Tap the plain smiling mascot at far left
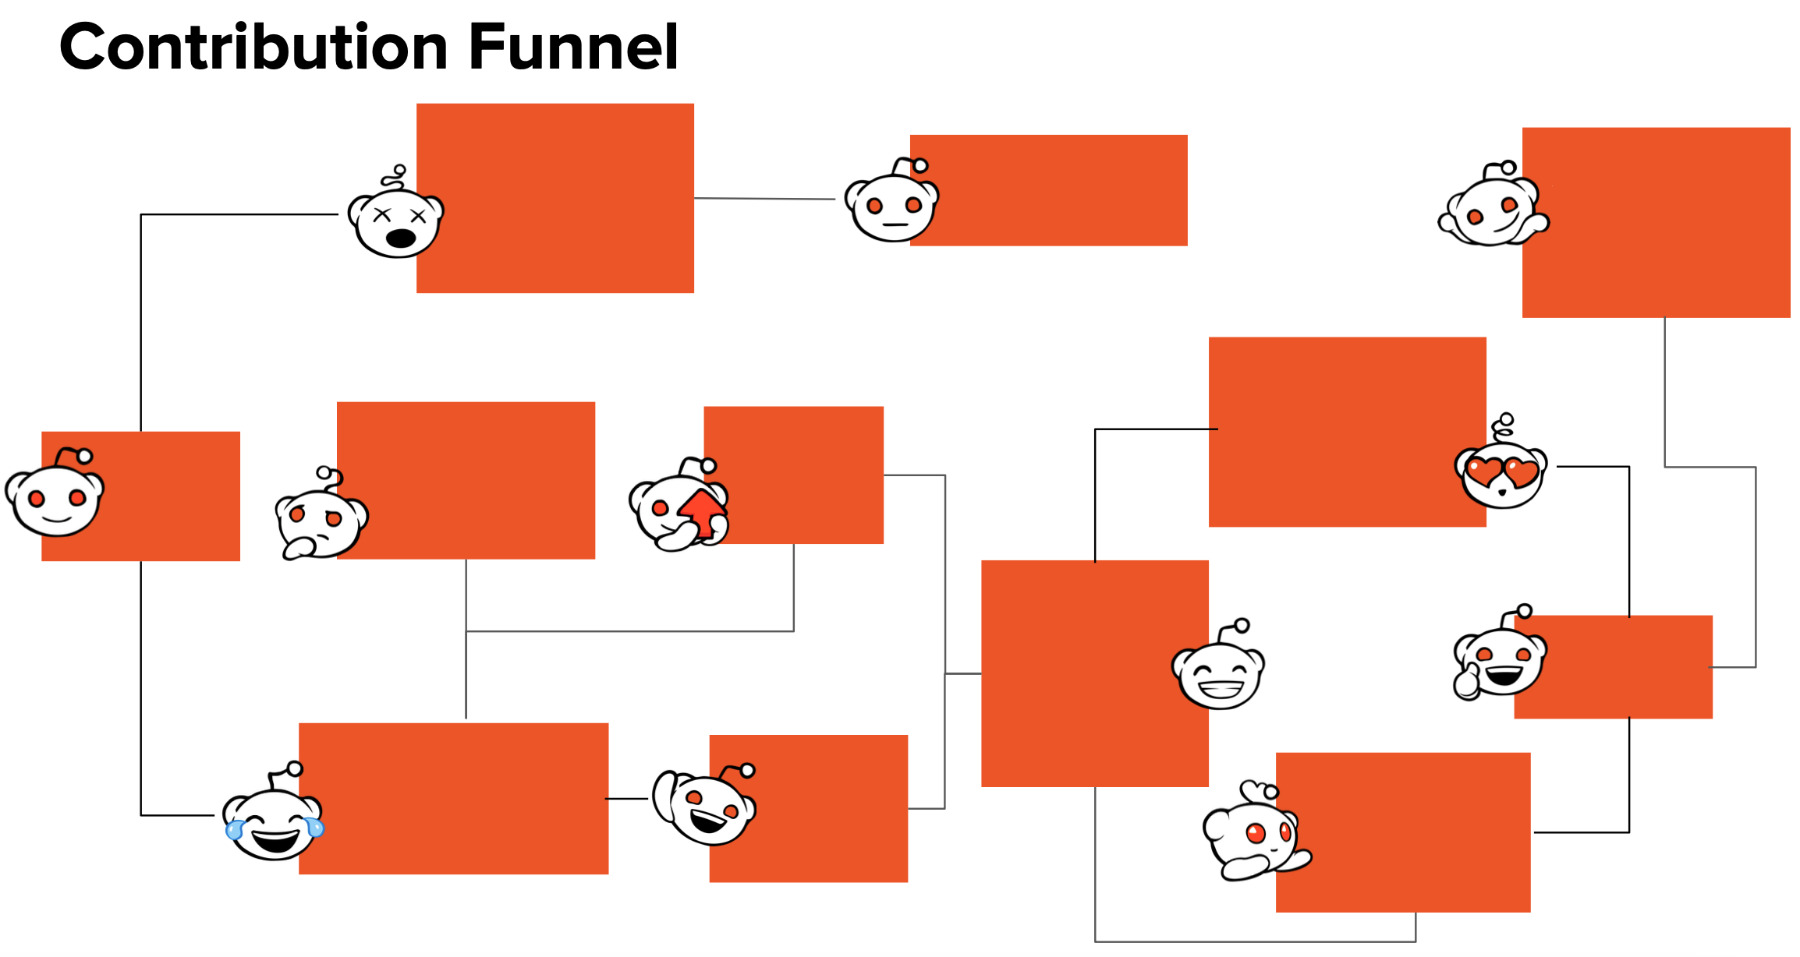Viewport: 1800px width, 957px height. [x=55, y=499]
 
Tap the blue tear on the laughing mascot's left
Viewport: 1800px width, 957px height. [x=234, y=831]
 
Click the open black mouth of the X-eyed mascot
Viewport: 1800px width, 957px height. [x=401, y=238]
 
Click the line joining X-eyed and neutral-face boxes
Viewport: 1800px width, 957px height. [x=764, y=199]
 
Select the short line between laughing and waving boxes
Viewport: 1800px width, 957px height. [x=626, y=799]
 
